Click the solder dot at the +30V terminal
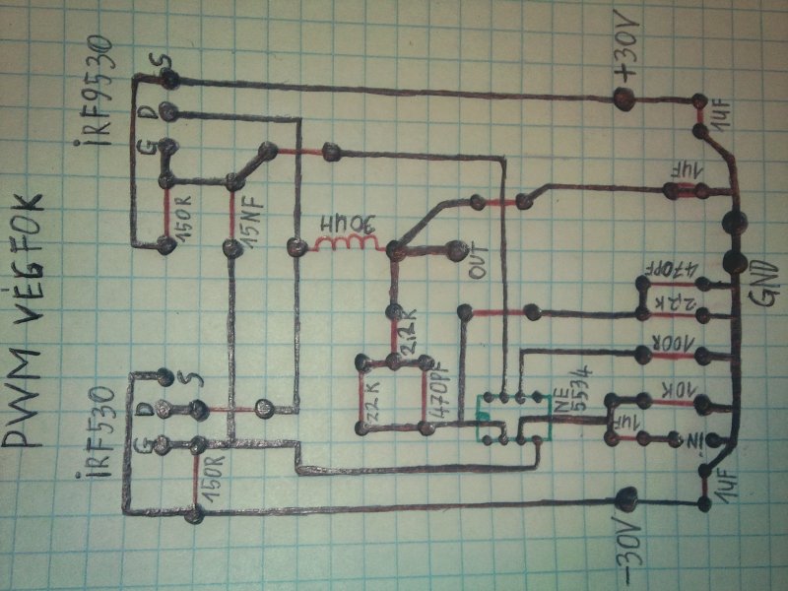(x=623, y=98)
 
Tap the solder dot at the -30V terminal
(x=624, y=499)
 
